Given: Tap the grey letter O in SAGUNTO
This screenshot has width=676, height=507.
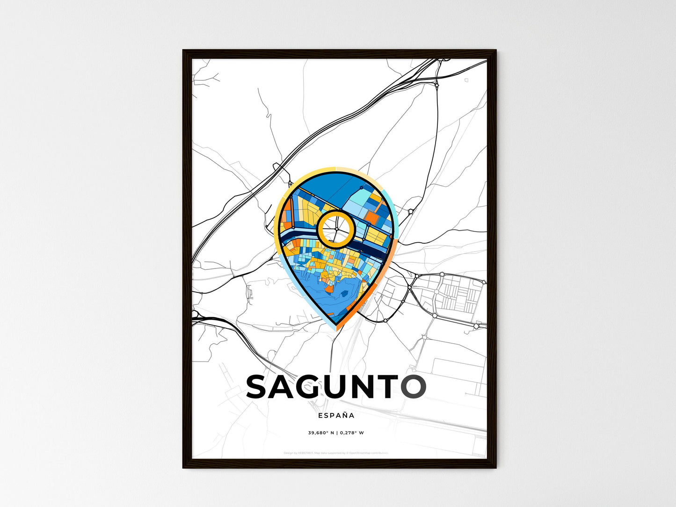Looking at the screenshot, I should click(x=413, y=386).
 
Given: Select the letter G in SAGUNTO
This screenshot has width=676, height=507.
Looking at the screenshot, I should click(x=317, y=386).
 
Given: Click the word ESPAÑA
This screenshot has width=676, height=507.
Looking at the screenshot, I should click(x=336, y=415).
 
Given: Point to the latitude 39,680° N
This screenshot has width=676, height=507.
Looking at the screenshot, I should click(x=320, y=433).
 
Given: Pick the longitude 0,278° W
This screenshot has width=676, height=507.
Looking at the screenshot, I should click(x=351, y=433).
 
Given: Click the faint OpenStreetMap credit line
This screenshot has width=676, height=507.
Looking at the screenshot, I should click(x=335, y=453).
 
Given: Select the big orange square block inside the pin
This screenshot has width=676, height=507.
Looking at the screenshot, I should click(x=372, y=217).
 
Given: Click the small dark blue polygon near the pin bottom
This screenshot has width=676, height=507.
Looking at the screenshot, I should click(x=348, y=294).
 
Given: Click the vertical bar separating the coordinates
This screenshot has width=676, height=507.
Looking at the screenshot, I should click(x=336, y=433).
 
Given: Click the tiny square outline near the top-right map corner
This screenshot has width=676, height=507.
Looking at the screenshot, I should click(x=466, y=80).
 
